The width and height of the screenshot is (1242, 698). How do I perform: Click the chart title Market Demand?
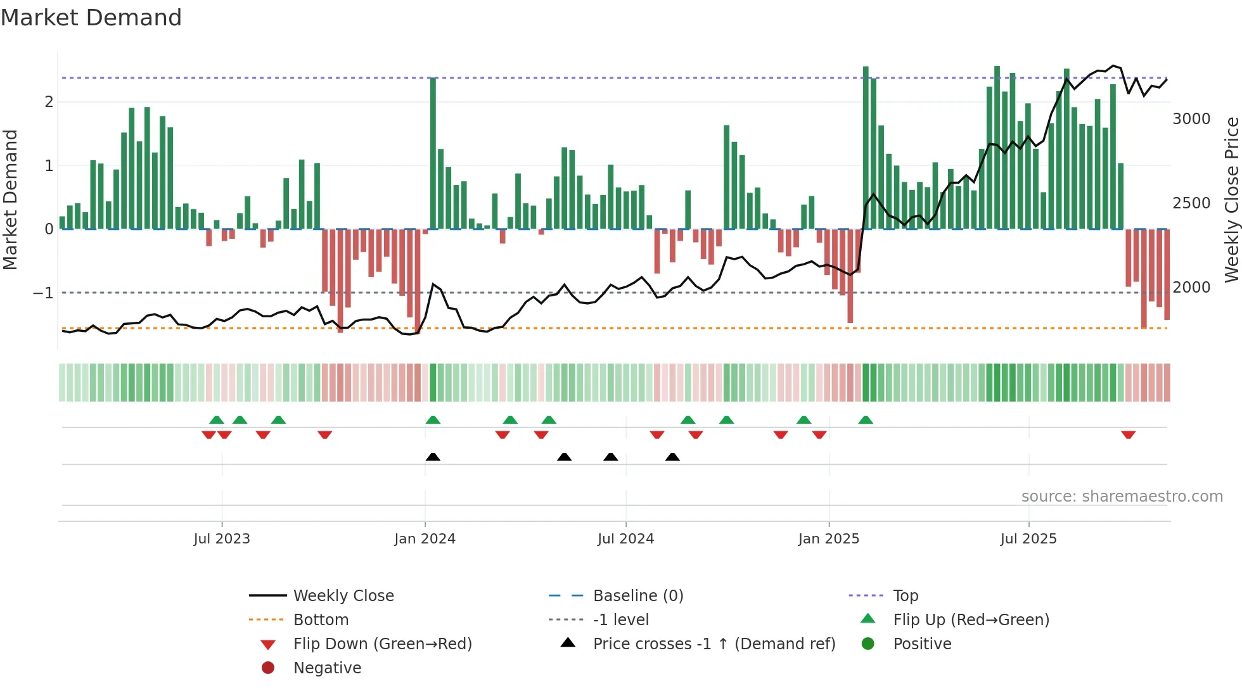coord(91,18)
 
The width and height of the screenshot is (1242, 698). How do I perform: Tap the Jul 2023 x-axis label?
coord(222,539)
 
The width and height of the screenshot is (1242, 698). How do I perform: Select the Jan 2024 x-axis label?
coord(425,539)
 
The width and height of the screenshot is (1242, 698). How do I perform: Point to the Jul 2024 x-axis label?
coord(625,539)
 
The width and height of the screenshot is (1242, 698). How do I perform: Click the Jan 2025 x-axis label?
coord(828,539)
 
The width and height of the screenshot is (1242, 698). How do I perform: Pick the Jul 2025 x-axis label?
coord(1028,539)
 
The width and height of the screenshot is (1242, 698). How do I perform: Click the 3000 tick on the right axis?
coord(1191,119)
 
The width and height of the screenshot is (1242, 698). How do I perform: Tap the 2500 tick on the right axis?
coord(1191,203)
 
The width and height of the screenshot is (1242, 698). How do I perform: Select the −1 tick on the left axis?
coord(43,293)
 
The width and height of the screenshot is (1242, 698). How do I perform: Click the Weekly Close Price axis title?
coord(1231,200)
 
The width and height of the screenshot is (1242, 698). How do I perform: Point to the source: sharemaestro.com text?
coord(1122,497)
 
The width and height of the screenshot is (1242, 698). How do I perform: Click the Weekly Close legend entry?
coord(343,596)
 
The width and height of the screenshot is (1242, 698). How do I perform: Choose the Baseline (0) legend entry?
coord(637,596)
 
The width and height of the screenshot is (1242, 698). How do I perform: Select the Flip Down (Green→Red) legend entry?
coord(382,644)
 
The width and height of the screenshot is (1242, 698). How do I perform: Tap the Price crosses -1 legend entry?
coord(714,644)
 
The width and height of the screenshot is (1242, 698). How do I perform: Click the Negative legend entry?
coord(327,668)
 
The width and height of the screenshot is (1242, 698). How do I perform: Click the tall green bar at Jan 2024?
coord(433,152)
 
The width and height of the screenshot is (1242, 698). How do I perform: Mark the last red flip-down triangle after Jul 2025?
coord(1128,435)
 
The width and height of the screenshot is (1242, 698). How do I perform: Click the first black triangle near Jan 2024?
coord(433,457)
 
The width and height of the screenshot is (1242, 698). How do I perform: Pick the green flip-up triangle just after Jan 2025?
coord(866,420)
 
